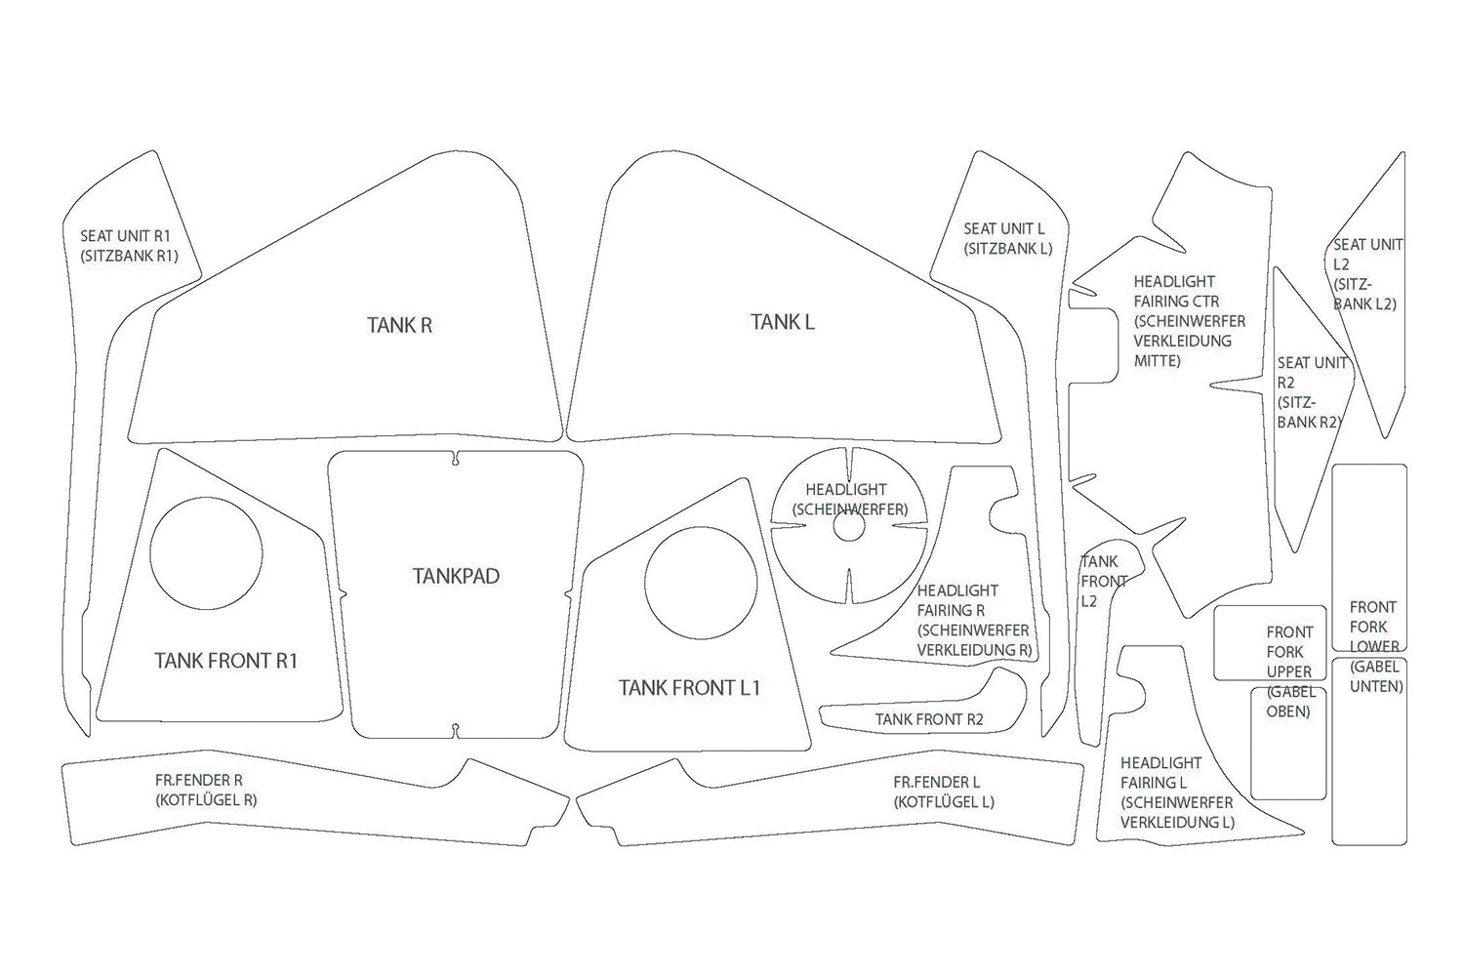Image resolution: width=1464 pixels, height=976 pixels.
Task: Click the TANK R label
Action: tap(399, 325)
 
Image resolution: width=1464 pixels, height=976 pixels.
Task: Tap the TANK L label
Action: tap(782, 322)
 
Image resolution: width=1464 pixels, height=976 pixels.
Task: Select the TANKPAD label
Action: tap(456, 576)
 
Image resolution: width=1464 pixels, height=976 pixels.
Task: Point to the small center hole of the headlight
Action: tap(847, 526)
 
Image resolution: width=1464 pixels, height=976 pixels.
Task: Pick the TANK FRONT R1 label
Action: tap(225, 661)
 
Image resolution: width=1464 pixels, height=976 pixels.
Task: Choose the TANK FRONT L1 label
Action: tap(689, 688)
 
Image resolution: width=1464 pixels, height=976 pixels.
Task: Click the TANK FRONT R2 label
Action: tap(929, 720)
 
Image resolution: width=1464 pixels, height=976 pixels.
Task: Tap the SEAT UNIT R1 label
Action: tap(128, 246)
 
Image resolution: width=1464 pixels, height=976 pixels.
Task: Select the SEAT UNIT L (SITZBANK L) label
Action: tap(1007, 239)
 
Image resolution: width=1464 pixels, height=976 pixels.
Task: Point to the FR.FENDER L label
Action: tap(943, 793)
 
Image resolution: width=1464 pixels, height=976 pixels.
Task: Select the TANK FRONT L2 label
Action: tap(1103, 582)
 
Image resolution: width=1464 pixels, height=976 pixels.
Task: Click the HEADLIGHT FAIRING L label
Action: tap(1176, 793)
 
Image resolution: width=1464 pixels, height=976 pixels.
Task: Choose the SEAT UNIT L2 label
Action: tap(1365, 274)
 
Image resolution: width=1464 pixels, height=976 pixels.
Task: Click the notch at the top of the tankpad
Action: tap(457, 458)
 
